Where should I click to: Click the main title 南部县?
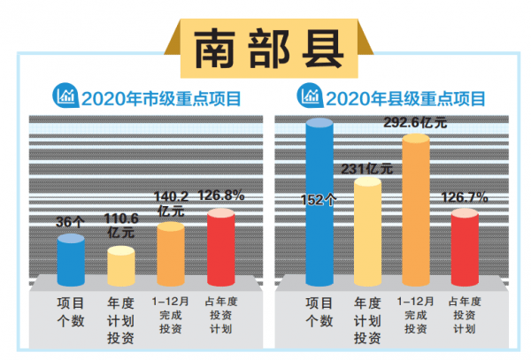click(x=265, y=46)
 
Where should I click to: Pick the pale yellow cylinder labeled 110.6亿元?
click(x=120, y=264)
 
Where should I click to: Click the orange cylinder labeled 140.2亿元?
click(x=171, y=252)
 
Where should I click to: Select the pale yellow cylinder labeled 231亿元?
click(x=368, y=230)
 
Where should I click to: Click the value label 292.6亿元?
click(x=417, y=123)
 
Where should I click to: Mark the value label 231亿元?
click(x=367, y=167)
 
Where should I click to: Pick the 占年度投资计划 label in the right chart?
click(x=465, y=314)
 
